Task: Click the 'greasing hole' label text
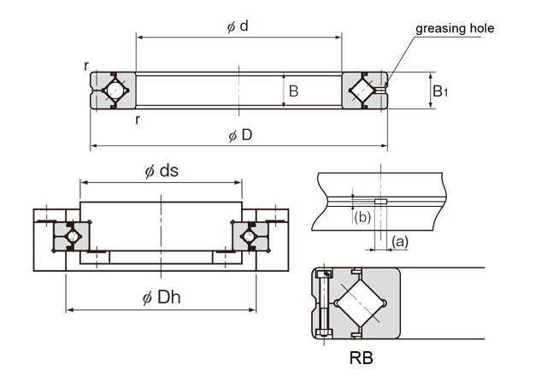coord(455,28)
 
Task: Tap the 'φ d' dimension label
coord(238,26)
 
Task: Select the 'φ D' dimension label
coord(239,134)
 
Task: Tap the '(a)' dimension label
coord(399,242)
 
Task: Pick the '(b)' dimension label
coord(362,217)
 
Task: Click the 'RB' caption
coord(361,356)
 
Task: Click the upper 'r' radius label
coord(86,66)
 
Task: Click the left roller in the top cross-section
coord(113,90)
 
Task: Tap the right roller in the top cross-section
coord(365,90)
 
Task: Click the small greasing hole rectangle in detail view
coord(380,203)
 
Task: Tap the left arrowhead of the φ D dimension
coord(93,146)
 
